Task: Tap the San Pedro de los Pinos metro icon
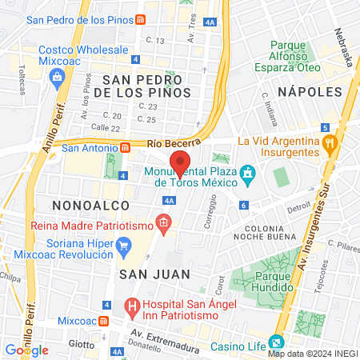click(x=140, y=19)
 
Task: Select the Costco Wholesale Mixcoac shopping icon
click(x=57, y=76)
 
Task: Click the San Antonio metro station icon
click(x=125, y=147)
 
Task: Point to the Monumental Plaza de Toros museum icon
click(x=248, y=173)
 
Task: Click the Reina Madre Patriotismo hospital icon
click(x=163, y=222)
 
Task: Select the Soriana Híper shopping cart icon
click(x=123, y=248)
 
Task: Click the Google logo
click(x=26, y=350)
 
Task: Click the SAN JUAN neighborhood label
click(x=154, y=274)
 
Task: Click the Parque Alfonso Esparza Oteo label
click(x=294, y=56)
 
